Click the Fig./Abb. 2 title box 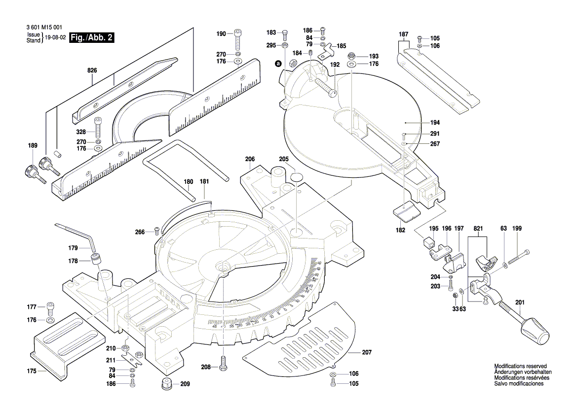92,37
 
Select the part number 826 92,71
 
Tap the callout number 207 366,352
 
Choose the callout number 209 185,384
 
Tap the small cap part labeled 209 166,383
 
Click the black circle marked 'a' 278,64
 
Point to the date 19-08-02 55,37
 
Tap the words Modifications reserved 520,366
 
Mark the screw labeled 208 223,364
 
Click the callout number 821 478,229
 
